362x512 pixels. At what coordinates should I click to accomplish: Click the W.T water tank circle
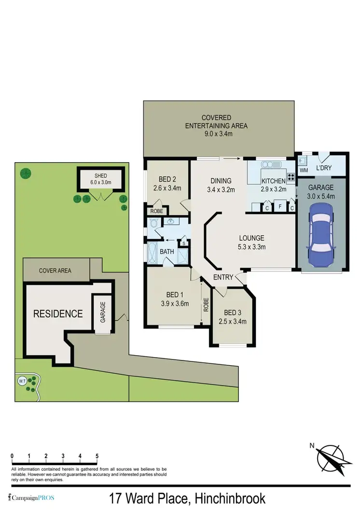coord(22,381)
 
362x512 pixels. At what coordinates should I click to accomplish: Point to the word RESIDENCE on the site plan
coord(57,314)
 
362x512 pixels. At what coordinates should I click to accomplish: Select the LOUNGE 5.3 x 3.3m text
coord(251,242)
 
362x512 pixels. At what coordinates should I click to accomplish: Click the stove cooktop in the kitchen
coord(291,177)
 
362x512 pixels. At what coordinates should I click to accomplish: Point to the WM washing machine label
coord(304,170)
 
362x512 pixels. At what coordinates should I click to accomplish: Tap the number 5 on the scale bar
coord(97,456)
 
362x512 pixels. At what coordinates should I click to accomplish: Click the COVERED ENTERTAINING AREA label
coord(217,125)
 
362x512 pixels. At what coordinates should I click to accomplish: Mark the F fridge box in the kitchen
coord(279,208)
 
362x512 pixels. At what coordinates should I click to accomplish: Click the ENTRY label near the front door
coord(224,277)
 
